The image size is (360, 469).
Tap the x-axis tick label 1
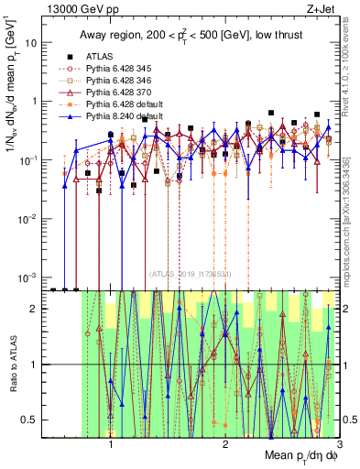[x=111, y=442]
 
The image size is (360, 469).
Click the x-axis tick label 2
[x=225, y=442]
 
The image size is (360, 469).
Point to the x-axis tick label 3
[x=339, y=442]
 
